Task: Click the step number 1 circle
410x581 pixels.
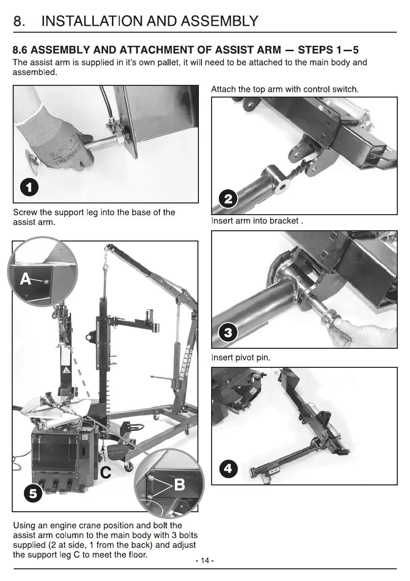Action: point(29,187)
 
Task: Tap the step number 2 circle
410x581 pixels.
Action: point(228,199)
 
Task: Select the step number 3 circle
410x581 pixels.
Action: point(228,332)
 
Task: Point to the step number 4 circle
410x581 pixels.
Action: point(228,469)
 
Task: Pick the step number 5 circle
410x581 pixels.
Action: point(33,494)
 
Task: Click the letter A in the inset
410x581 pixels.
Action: point(25,279)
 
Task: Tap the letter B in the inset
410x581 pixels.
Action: point(179,484)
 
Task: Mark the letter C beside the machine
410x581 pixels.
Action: point(106,472)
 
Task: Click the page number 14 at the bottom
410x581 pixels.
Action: point(205,561)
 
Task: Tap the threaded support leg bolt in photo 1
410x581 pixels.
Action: point(105,142)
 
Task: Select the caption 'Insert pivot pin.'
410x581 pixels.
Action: point(241,358)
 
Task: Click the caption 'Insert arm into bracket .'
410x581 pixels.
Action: point(257,221)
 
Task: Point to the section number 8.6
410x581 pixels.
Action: point(20,50)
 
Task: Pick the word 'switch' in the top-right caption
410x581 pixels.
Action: point(346,89)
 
